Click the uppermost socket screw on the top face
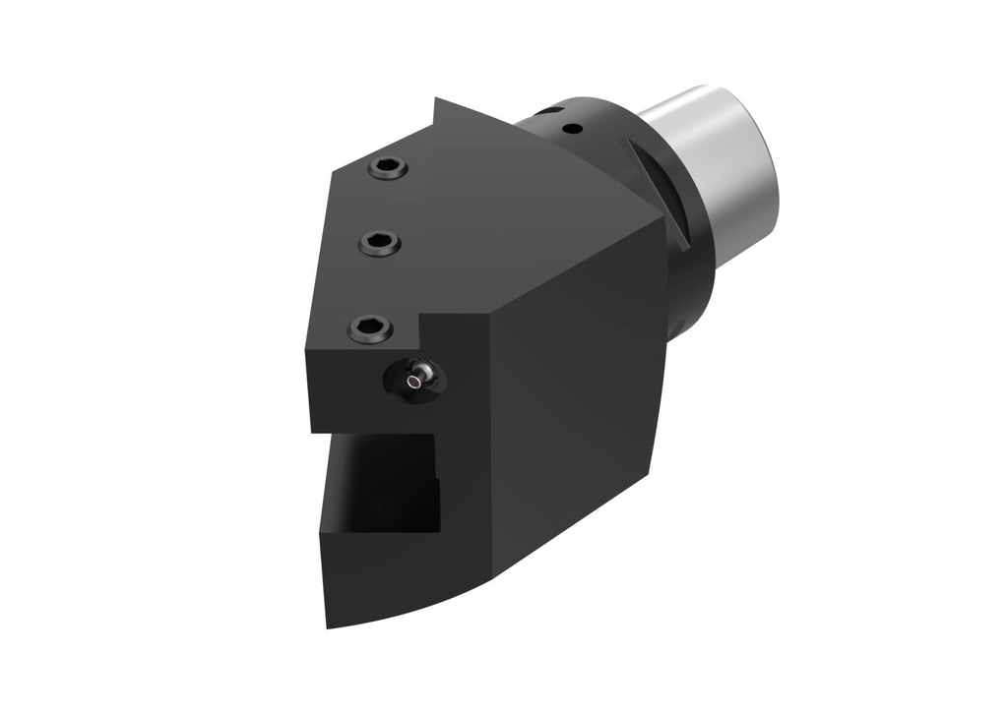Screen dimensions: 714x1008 (388, 169)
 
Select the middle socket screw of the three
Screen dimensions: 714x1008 (379, 242)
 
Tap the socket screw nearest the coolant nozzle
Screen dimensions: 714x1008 (369, 327)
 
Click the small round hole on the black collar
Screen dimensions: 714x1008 (572, 128)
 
